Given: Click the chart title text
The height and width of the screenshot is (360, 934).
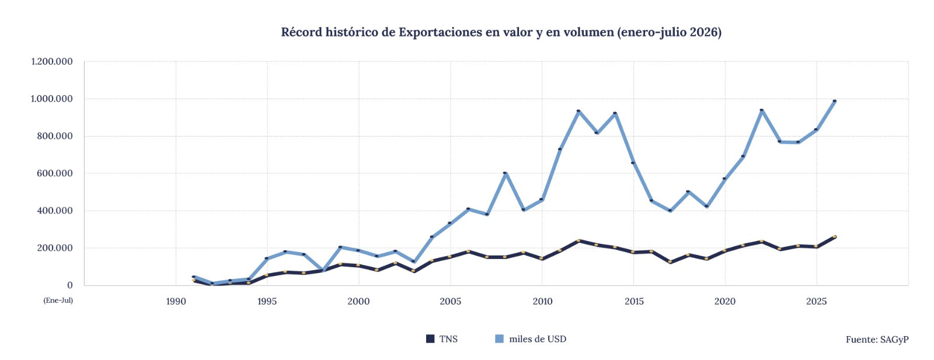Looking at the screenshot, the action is tap(501, 32).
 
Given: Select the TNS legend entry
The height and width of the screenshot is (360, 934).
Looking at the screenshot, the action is tap(442, 339).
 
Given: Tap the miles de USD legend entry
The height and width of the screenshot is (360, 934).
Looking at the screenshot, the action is tap(531, 339).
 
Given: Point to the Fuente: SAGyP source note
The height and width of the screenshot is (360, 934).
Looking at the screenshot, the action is tap(877, 340).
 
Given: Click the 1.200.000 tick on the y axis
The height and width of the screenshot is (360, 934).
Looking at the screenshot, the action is tap(52, 62).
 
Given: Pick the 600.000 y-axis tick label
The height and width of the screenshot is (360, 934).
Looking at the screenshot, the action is tap(54, 173).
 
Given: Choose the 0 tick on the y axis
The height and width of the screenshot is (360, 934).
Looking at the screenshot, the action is tap(69, 285).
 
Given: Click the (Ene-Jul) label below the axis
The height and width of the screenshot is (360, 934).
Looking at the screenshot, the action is tap(58, 300).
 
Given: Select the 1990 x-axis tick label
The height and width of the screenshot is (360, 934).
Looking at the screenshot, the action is tap(176, 301).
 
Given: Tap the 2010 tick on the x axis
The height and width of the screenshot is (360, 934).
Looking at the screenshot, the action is tap(542, 301).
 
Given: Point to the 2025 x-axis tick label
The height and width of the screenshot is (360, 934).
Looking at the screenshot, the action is tap(817, 301).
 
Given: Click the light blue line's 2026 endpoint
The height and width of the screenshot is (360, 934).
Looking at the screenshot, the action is tap(834, 101).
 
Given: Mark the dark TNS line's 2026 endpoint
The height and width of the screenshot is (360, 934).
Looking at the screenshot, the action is tap(834, 237).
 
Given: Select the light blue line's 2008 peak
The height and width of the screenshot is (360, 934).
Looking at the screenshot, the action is tap(506, 173).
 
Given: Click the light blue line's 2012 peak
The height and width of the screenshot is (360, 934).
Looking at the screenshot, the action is tap(578, 111).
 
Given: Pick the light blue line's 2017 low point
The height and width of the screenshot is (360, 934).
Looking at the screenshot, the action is tap(670, 211).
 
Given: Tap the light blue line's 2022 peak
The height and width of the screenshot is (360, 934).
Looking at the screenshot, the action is tap(761, 110).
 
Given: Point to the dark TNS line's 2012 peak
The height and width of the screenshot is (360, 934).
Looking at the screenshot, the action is tap(578, 240).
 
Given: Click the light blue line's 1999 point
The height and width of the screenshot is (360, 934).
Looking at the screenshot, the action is tap(341, 247).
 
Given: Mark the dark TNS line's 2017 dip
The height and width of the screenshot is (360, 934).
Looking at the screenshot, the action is tap(670, 262).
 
